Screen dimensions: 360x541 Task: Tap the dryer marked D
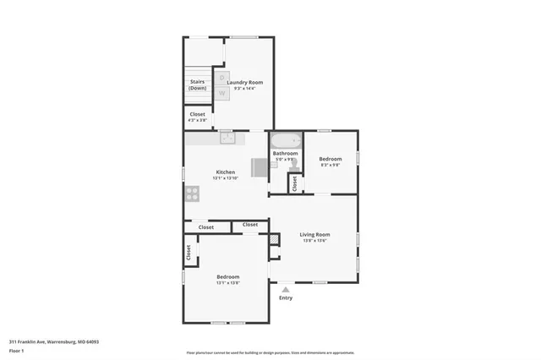click(x=222, y=78)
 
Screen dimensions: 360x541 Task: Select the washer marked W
click(x=222, y=92)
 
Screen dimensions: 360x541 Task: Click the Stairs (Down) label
click(x=197, y=85)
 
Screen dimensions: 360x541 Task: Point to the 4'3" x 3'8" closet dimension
click(x=197, y=120)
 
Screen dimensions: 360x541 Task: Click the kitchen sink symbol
click(x=227, y=138)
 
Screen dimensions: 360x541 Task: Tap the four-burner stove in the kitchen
click(x=192, y=193)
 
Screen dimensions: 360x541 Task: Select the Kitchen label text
click(x=224, y=172)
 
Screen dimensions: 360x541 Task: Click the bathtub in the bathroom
click(x=286, y=141)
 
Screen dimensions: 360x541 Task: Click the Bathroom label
click(x=285, y=153)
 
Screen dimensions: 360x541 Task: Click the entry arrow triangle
click(x=285, y=289)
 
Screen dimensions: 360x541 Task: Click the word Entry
click(x=286, y=298)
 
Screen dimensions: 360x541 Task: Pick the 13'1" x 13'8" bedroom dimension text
click(x=227, y=283)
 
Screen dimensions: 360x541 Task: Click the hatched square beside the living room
click(x=273, y=240)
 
